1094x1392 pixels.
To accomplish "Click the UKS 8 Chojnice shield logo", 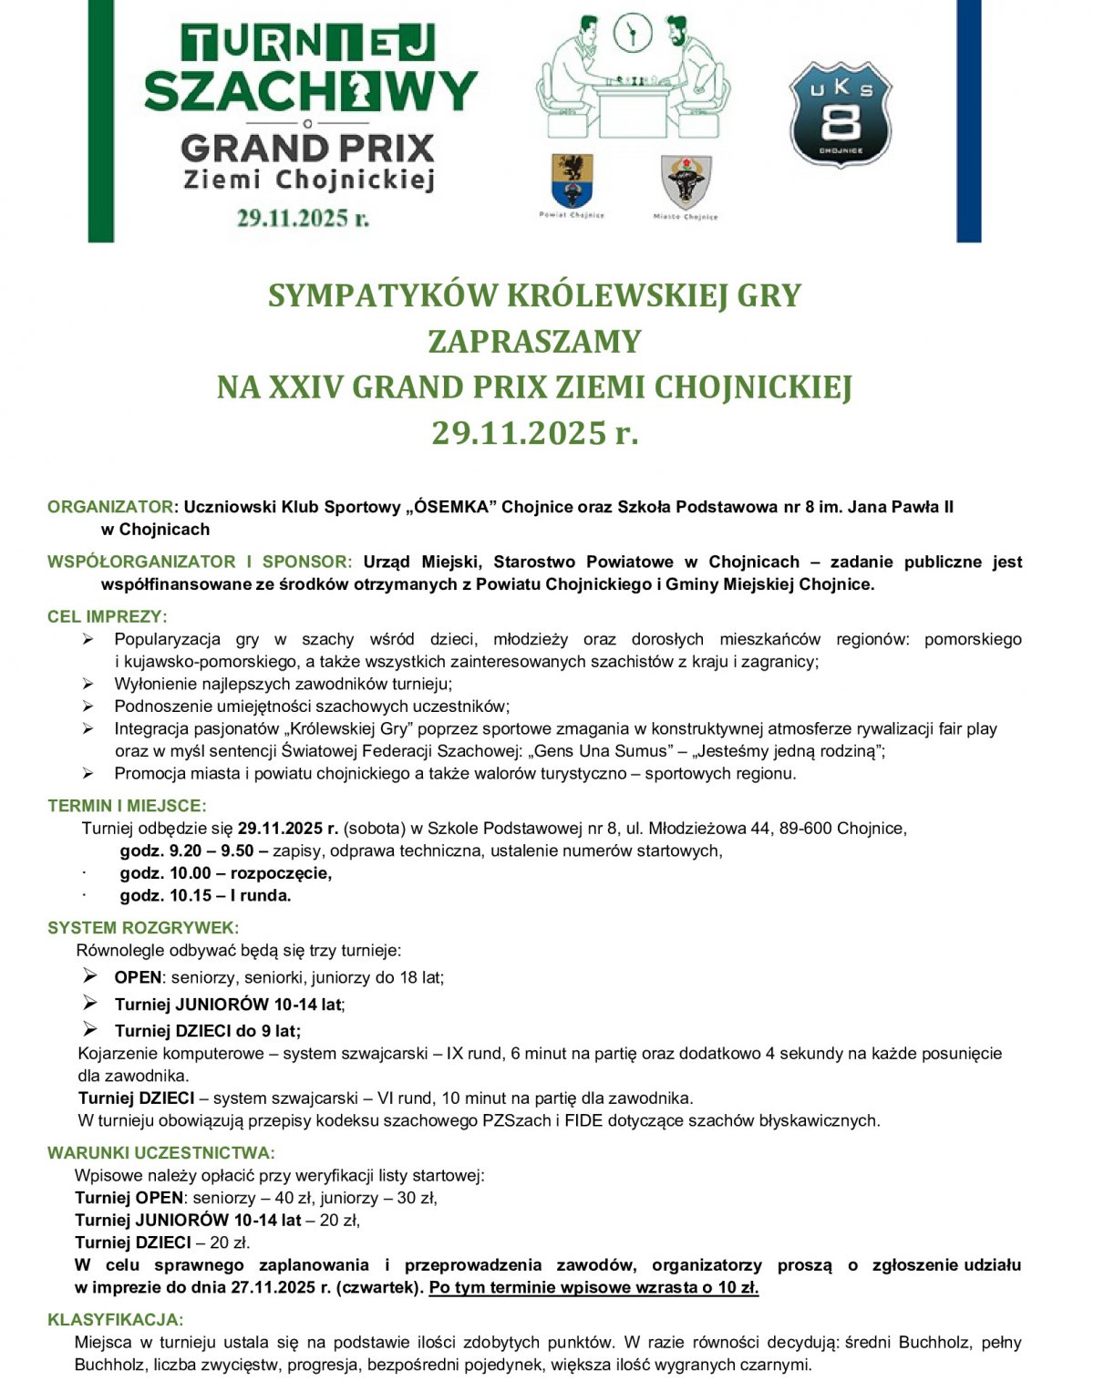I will click(x=840, y=115).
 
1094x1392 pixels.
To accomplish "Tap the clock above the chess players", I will click(x=632, y=33).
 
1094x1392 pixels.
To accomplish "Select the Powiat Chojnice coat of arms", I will click(x=572, y=180).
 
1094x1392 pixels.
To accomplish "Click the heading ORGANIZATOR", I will click(x=109, y=507).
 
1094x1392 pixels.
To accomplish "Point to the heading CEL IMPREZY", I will click(x=107, y=617).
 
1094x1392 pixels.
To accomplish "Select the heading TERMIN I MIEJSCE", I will click(x=127, y=806).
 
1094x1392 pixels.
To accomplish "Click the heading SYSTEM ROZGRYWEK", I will click(x=142, y=928).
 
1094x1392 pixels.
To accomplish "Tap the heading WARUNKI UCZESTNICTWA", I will click(x=160, y=1153).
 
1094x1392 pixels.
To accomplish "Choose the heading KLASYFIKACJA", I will click(x=115, y=1320).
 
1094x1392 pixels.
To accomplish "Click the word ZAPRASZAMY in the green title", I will click(x=534, y=342).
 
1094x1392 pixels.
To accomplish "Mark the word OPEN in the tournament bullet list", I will click(x=137, y=978).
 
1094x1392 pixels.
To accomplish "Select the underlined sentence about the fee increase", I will click(x=593, y=1288).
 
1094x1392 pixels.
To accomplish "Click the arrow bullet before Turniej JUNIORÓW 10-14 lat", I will click(x=90, y=1003).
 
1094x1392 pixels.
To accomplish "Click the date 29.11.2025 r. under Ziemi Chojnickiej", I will click(x=303, y=218).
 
